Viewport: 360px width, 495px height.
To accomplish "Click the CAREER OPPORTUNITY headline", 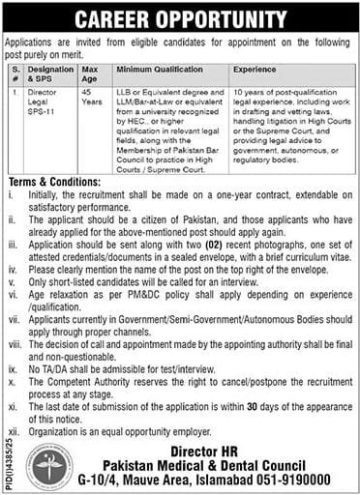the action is pos(180,16).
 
